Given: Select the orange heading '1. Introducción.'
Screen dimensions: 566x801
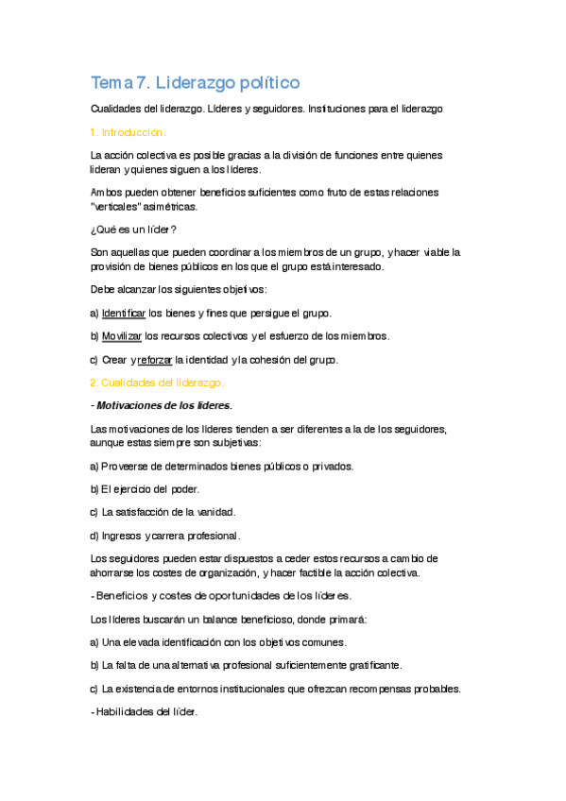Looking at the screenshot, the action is (x=129, y=132).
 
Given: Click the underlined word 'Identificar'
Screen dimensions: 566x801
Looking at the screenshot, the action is (x=123, y=313).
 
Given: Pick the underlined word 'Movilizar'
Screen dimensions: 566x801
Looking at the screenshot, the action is (x=122, y=336).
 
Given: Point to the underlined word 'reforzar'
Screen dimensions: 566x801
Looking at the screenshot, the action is (x=155, y=360).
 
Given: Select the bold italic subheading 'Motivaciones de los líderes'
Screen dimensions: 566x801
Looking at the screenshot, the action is (x=163, y=406).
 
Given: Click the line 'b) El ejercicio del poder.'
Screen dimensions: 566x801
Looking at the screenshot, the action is (x=145, y=489).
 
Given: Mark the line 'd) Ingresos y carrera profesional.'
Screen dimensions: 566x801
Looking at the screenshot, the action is (x=165, y=536).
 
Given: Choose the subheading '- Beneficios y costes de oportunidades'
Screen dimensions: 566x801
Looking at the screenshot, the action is (x=221, y=596).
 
